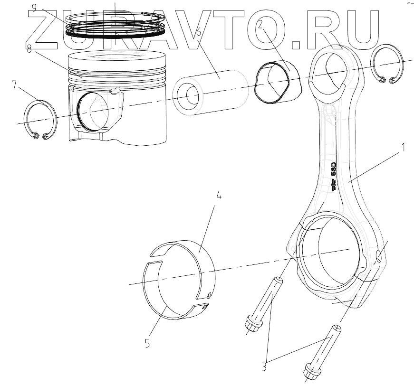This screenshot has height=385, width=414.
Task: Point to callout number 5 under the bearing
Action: [147, 343]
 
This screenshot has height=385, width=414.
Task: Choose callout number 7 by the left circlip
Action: [14, 85]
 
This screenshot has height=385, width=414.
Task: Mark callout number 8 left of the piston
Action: [29, 50]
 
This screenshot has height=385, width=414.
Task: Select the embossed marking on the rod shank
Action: [334, 176]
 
